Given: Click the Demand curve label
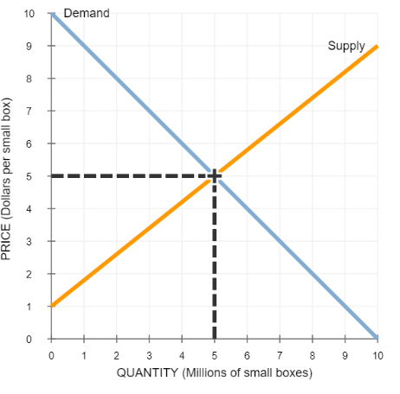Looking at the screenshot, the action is [x=87, y=13].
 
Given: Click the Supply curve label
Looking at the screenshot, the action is [x=346, y=47].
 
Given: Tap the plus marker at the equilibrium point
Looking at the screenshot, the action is [x=215, y=175].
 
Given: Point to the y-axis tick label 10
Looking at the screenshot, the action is [x=29, y=14].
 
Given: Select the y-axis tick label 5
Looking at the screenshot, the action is [x=29, y=176].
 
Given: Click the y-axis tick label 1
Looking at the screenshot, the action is [x=29, y=307].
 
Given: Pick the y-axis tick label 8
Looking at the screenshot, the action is [x=29, y=79].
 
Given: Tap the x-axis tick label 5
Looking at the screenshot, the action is [x=215, y=356].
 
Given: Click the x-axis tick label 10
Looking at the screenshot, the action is [x=377, y=356].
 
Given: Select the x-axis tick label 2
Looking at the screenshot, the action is [x=117, y=356].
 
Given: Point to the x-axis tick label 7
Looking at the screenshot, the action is [x=280, y=356].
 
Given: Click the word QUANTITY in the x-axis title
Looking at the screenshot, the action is [x=147, y=372].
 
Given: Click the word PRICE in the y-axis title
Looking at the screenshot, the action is [x=6, y=242].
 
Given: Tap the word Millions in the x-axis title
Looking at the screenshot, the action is [x=206, y=373].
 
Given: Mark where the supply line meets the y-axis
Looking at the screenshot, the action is [x=52, y=306].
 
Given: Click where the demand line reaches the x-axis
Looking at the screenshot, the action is [x=377, y=339].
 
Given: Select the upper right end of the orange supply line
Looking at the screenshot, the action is [x=377, y=47].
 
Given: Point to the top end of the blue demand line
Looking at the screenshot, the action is [x=52, y=14].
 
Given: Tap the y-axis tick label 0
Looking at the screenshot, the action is [x=29, y=340].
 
